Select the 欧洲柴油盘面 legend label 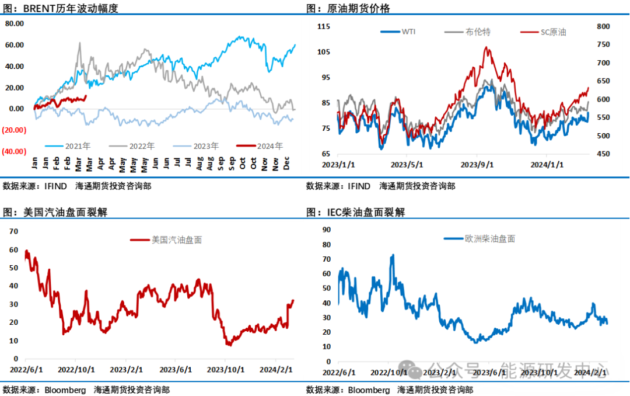pyautogui.click(x=489, y=238)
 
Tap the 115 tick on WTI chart pyautogui.click(x=324, y=26)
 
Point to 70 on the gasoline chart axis pyautogui.click(x=13, y=232)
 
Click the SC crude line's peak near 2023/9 pyautogui.click(x=487, y=47)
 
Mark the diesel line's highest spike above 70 pyautogui.click(x=393, y=255)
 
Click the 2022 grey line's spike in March pyautogui.click(x=80, y=43)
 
